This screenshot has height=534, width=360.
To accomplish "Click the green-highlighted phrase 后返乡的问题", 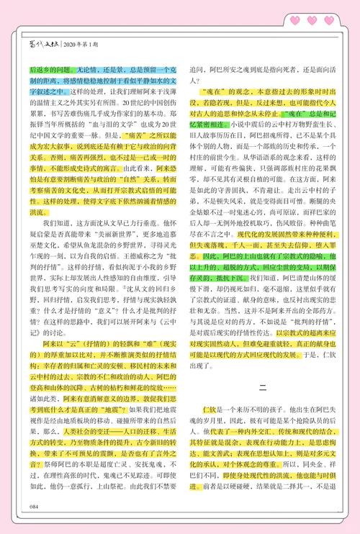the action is click(50, 71).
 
